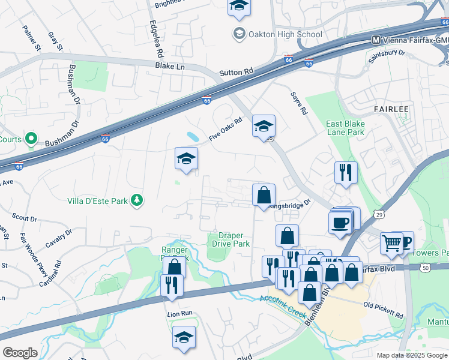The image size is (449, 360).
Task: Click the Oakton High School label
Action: (x=286, y=34)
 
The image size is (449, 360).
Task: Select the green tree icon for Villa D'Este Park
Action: (x=137, y=200)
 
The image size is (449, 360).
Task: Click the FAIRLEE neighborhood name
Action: (x=391, y=110)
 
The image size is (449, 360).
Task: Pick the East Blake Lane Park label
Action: (x=345, y=128)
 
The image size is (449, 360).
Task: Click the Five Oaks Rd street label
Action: (x=225, y=129)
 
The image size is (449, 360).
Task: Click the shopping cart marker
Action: (x=391, y=243)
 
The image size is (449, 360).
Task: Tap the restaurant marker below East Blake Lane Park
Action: (x=346, y=172)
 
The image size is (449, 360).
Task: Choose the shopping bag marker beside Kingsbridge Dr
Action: (x=264, y=195)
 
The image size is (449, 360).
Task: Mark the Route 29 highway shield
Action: (x=379, y=214)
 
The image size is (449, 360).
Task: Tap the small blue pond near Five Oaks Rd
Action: (x=193, y=136)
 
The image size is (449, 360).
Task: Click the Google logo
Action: (x=20, y=352)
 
